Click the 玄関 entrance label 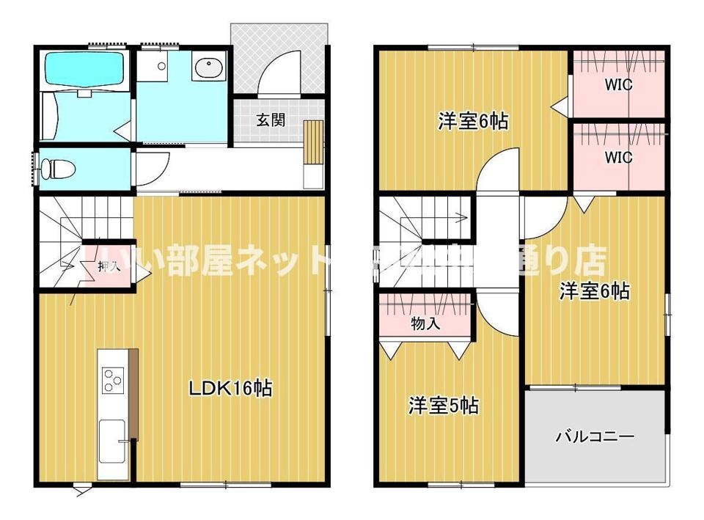point(270,120)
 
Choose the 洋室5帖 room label point(444,405)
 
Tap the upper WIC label point(618,84)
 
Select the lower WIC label point(618,157)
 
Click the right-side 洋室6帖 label point(594,291)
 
